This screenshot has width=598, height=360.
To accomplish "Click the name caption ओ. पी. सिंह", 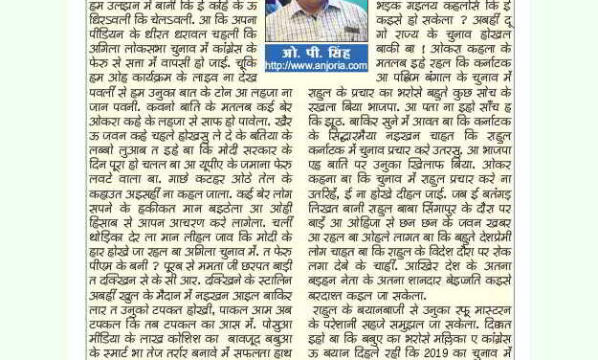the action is (316, 52).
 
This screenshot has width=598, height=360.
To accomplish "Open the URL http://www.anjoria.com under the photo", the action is (316, 66).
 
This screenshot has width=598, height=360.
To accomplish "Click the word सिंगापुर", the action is (444, 209).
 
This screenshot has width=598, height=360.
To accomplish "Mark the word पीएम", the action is (101, 267).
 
